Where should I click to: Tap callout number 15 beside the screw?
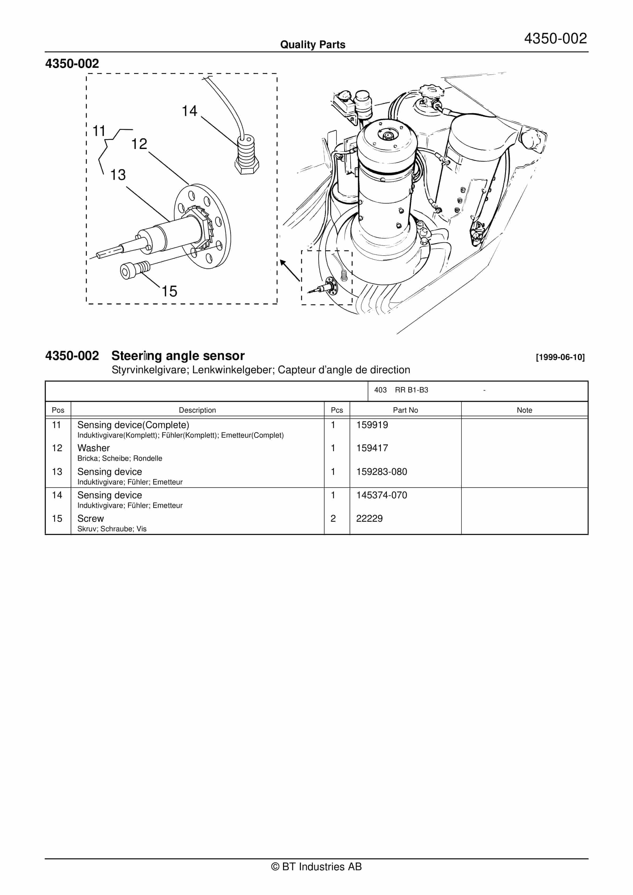click(x=169, y=291)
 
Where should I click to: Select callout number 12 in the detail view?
click(x=139, y=144)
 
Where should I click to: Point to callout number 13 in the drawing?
click(x=118, y=175)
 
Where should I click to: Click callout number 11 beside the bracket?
click(x=99, y=131)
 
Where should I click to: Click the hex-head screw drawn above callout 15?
click(x=135, y=269)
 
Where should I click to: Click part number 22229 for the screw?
click(x=369, y=519)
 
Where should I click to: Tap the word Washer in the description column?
click(x=94, y=448)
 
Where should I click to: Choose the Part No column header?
click(x=405, y=410)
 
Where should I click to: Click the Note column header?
click(x=524, y=410)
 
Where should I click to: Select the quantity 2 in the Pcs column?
click(x=333, y=519)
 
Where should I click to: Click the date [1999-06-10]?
click(x=560, y=357)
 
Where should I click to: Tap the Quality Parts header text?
click(x=313, y=45)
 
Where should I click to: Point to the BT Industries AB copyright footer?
click(x=316, y=867)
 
